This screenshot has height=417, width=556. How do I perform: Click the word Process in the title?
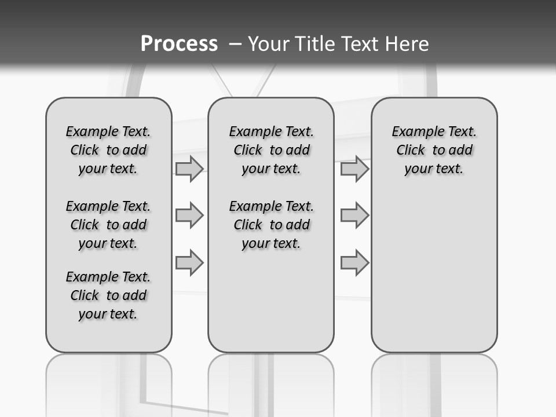pos(179,44)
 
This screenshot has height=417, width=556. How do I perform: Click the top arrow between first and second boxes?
pos(189,169)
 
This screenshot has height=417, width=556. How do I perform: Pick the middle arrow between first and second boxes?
pos(189,215)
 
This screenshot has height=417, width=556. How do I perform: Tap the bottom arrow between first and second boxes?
pos(189,262)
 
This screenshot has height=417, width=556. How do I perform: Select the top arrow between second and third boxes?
pos(354,169)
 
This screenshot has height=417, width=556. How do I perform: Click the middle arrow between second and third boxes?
pos(354,215)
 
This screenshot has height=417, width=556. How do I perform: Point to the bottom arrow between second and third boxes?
pos(354,262)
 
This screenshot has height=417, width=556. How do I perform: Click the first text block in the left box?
pos(108,150)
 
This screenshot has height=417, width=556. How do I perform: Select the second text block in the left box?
pos(108,225)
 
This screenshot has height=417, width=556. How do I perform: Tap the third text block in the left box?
pos(108,295)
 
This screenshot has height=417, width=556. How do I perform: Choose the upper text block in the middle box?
pos(271,150)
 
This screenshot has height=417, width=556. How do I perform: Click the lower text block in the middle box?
pos(271,225)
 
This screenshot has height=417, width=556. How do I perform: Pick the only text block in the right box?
pos(434,150)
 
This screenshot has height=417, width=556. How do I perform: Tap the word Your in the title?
pos(268,44)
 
